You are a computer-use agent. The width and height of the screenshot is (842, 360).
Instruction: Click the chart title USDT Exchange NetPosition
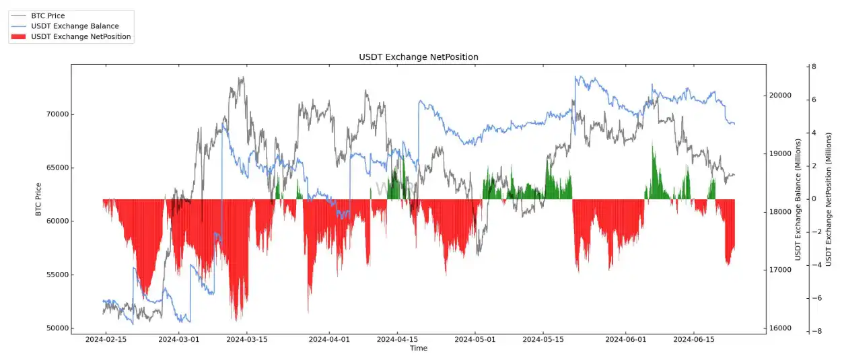(418, 57)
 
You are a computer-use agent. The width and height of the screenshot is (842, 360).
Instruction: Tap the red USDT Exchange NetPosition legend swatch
(18, 37)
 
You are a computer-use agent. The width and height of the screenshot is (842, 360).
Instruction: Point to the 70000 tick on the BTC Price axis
(55, 114)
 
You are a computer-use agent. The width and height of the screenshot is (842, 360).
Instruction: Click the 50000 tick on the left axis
(55, 328)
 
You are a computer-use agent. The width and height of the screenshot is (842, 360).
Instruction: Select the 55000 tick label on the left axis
(55, 275)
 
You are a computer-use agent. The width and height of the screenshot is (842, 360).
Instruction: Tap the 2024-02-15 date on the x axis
(106, 340)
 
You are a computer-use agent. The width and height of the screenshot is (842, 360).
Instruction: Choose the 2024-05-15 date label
(542, 340)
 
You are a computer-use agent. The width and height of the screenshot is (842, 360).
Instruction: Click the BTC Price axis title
(38, 199)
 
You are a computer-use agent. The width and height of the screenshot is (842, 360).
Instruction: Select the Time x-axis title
(418, 349)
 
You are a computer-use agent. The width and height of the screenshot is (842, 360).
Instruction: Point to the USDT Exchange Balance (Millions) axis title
(799, 199)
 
